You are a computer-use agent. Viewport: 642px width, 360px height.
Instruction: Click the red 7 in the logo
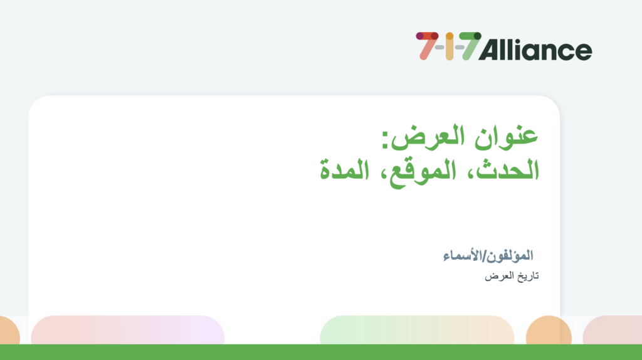(x=426, y=46)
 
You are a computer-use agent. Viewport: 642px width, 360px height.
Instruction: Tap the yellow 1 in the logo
(x=449, y=46)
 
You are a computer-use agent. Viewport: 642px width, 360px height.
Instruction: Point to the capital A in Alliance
(x=491, y=50)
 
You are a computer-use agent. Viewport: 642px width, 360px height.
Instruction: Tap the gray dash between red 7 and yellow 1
(x=439, y=48)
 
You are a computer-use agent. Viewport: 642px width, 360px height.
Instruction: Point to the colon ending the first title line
(x=385, y=140)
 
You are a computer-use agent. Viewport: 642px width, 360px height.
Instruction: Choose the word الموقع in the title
(x=423, y=172)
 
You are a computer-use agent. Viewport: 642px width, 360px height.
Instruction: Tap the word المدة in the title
(x=344, y=170)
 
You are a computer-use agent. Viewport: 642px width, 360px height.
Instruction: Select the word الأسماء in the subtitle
(x=463, y=255)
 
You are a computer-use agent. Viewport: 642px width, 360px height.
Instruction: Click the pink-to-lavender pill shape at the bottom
(x=128, y=330)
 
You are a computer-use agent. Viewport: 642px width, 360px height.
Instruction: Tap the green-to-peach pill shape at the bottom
(x=417, y=330)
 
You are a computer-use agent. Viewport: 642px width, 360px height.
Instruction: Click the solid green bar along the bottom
(x=321, y=352)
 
